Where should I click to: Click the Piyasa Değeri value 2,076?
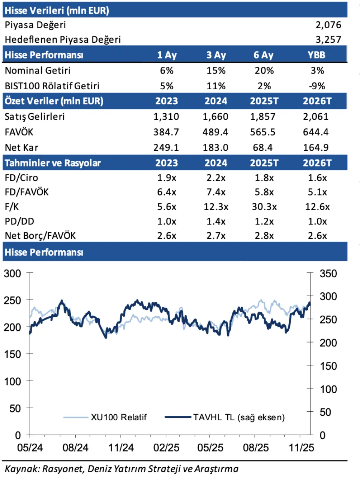328,25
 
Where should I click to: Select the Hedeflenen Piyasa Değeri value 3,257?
328,39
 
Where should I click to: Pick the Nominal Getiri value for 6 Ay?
264,71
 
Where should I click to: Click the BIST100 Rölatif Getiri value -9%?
317,86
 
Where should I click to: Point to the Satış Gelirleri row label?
34,117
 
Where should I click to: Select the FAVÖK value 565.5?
262,132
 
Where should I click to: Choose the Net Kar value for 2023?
166,147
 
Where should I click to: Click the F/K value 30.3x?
264,207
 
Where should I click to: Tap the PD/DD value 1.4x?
216,221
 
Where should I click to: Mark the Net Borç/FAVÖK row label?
40,236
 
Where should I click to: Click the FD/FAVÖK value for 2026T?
317,192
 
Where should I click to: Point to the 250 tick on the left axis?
12,300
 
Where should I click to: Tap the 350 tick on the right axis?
328,274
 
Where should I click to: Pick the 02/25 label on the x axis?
166,448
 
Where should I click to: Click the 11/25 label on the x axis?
301,448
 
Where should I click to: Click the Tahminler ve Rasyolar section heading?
53,163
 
